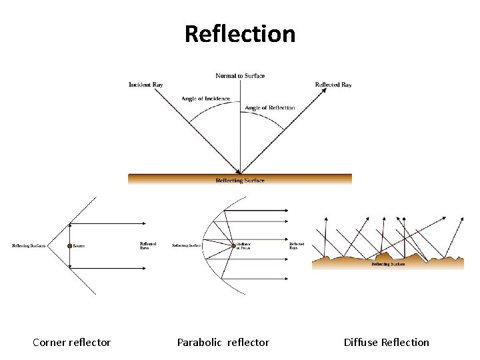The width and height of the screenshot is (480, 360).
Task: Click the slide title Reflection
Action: pyautogui.click(x=240, y=33)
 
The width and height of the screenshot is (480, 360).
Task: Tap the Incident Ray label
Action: pyautogui.click(x=146, y=85)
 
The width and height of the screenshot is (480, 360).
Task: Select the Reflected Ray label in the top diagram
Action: pyautogui.click(x=333, y=85)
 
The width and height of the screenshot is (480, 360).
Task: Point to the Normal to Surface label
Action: pyautogui.click(x=240, y=75)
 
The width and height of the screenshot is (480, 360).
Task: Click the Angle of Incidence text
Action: pyautogui.click(x=205, y=99)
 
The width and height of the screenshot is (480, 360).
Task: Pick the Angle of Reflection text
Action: pyautogui.click(x=269, y=107)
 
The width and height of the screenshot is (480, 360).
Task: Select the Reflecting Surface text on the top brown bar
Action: pyautogui.click(x=240, y=181)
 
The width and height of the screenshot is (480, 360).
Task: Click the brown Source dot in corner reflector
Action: pyautogui.click(x=69, y=246)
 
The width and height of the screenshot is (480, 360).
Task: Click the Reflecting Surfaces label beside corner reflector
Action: pyautogui.click(x=29, y=246)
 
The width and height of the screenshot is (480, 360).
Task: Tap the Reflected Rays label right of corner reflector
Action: pyautogui.click(x=148, y=246)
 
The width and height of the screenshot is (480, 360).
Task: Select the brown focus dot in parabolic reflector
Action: pyautogui.click(x=232, y=245)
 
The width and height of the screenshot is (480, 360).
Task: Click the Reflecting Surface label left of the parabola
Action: pyautogui.click(x=187, y=246)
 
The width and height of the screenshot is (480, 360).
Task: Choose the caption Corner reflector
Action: pyautogui.click(x=71, y=342)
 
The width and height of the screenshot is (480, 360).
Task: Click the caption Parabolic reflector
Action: pyautogui.click(x=223, y=342)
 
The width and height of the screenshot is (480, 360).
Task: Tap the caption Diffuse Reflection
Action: pyautogui.click(x=386, y=342)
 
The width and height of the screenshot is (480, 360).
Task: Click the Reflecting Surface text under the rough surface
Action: pyautogui.click(x=389, y=264)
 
